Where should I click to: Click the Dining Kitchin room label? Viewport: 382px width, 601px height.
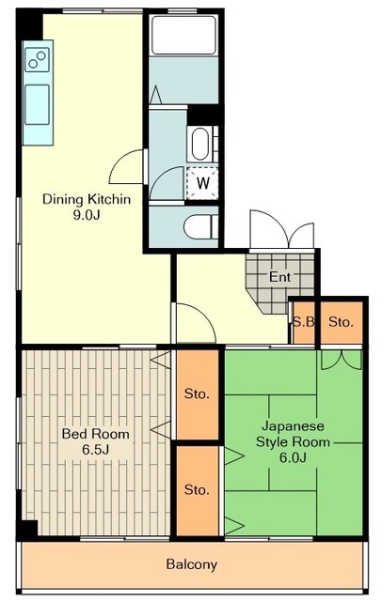coord(87,199)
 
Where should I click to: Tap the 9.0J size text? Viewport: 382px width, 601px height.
coord(87,215)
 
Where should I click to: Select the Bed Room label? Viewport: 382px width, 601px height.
coord(96,434)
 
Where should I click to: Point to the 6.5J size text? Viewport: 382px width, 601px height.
coord(96,450)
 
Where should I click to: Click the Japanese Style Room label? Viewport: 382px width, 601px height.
coord(293,434)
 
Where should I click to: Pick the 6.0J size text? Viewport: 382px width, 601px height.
coord(293,457)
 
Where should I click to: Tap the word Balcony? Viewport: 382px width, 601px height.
coord(192,564)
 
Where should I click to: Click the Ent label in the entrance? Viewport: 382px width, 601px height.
coord(279,277)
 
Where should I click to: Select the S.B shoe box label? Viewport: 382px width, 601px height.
coord(304,322)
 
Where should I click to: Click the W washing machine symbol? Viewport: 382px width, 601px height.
coord(202,183)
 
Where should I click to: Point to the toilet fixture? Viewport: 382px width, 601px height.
coord(200,226)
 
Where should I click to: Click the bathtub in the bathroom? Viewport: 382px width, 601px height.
coord(183,36)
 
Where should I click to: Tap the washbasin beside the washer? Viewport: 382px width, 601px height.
coord(200,144)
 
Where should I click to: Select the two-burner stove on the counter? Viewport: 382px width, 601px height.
coord(37,60)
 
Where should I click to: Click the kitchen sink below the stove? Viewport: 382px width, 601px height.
coord(37,104)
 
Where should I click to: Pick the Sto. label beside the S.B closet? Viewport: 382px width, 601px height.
coord(341,322)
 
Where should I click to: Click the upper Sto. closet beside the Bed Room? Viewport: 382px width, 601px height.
coord(198,394)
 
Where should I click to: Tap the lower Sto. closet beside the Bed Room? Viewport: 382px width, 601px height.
coord(198,490)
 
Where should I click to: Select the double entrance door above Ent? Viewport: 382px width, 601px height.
coord(281,229)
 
